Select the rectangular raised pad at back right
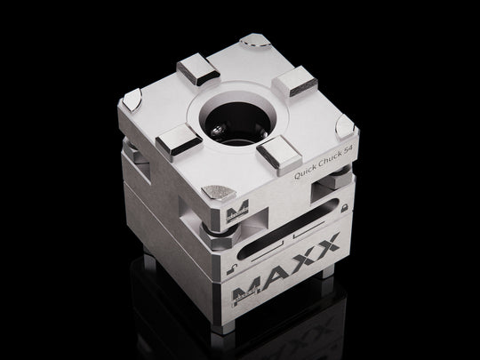(x=293, y=84)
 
